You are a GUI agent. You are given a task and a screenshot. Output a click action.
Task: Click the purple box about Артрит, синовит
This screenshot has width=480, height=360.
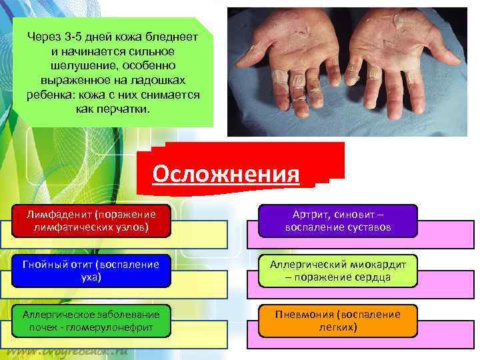click(x=338, y=221)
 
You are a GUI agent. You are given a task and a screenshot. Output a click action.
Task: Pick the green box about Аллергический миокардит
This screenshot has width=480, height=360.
click(x=338, y=271)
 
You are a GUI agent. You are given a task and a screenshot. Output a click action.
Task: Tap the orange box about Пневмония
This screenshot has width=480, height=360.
click(x=338, y=321)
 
